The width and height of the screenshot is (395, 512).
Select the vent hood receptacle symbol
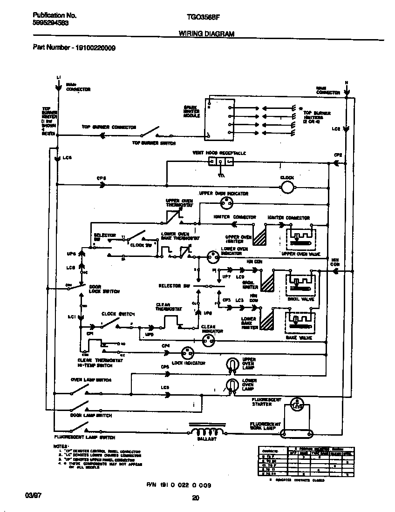[220, 162]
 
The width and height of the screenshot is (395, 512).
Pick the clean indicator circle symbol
[207, 341]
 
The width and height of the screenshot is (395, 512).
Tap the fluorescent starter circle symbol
[296, 404]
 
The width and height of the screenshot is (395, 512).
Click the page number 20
[196, 498]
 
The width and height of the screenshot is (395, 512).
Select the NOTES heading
[61, 446]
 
